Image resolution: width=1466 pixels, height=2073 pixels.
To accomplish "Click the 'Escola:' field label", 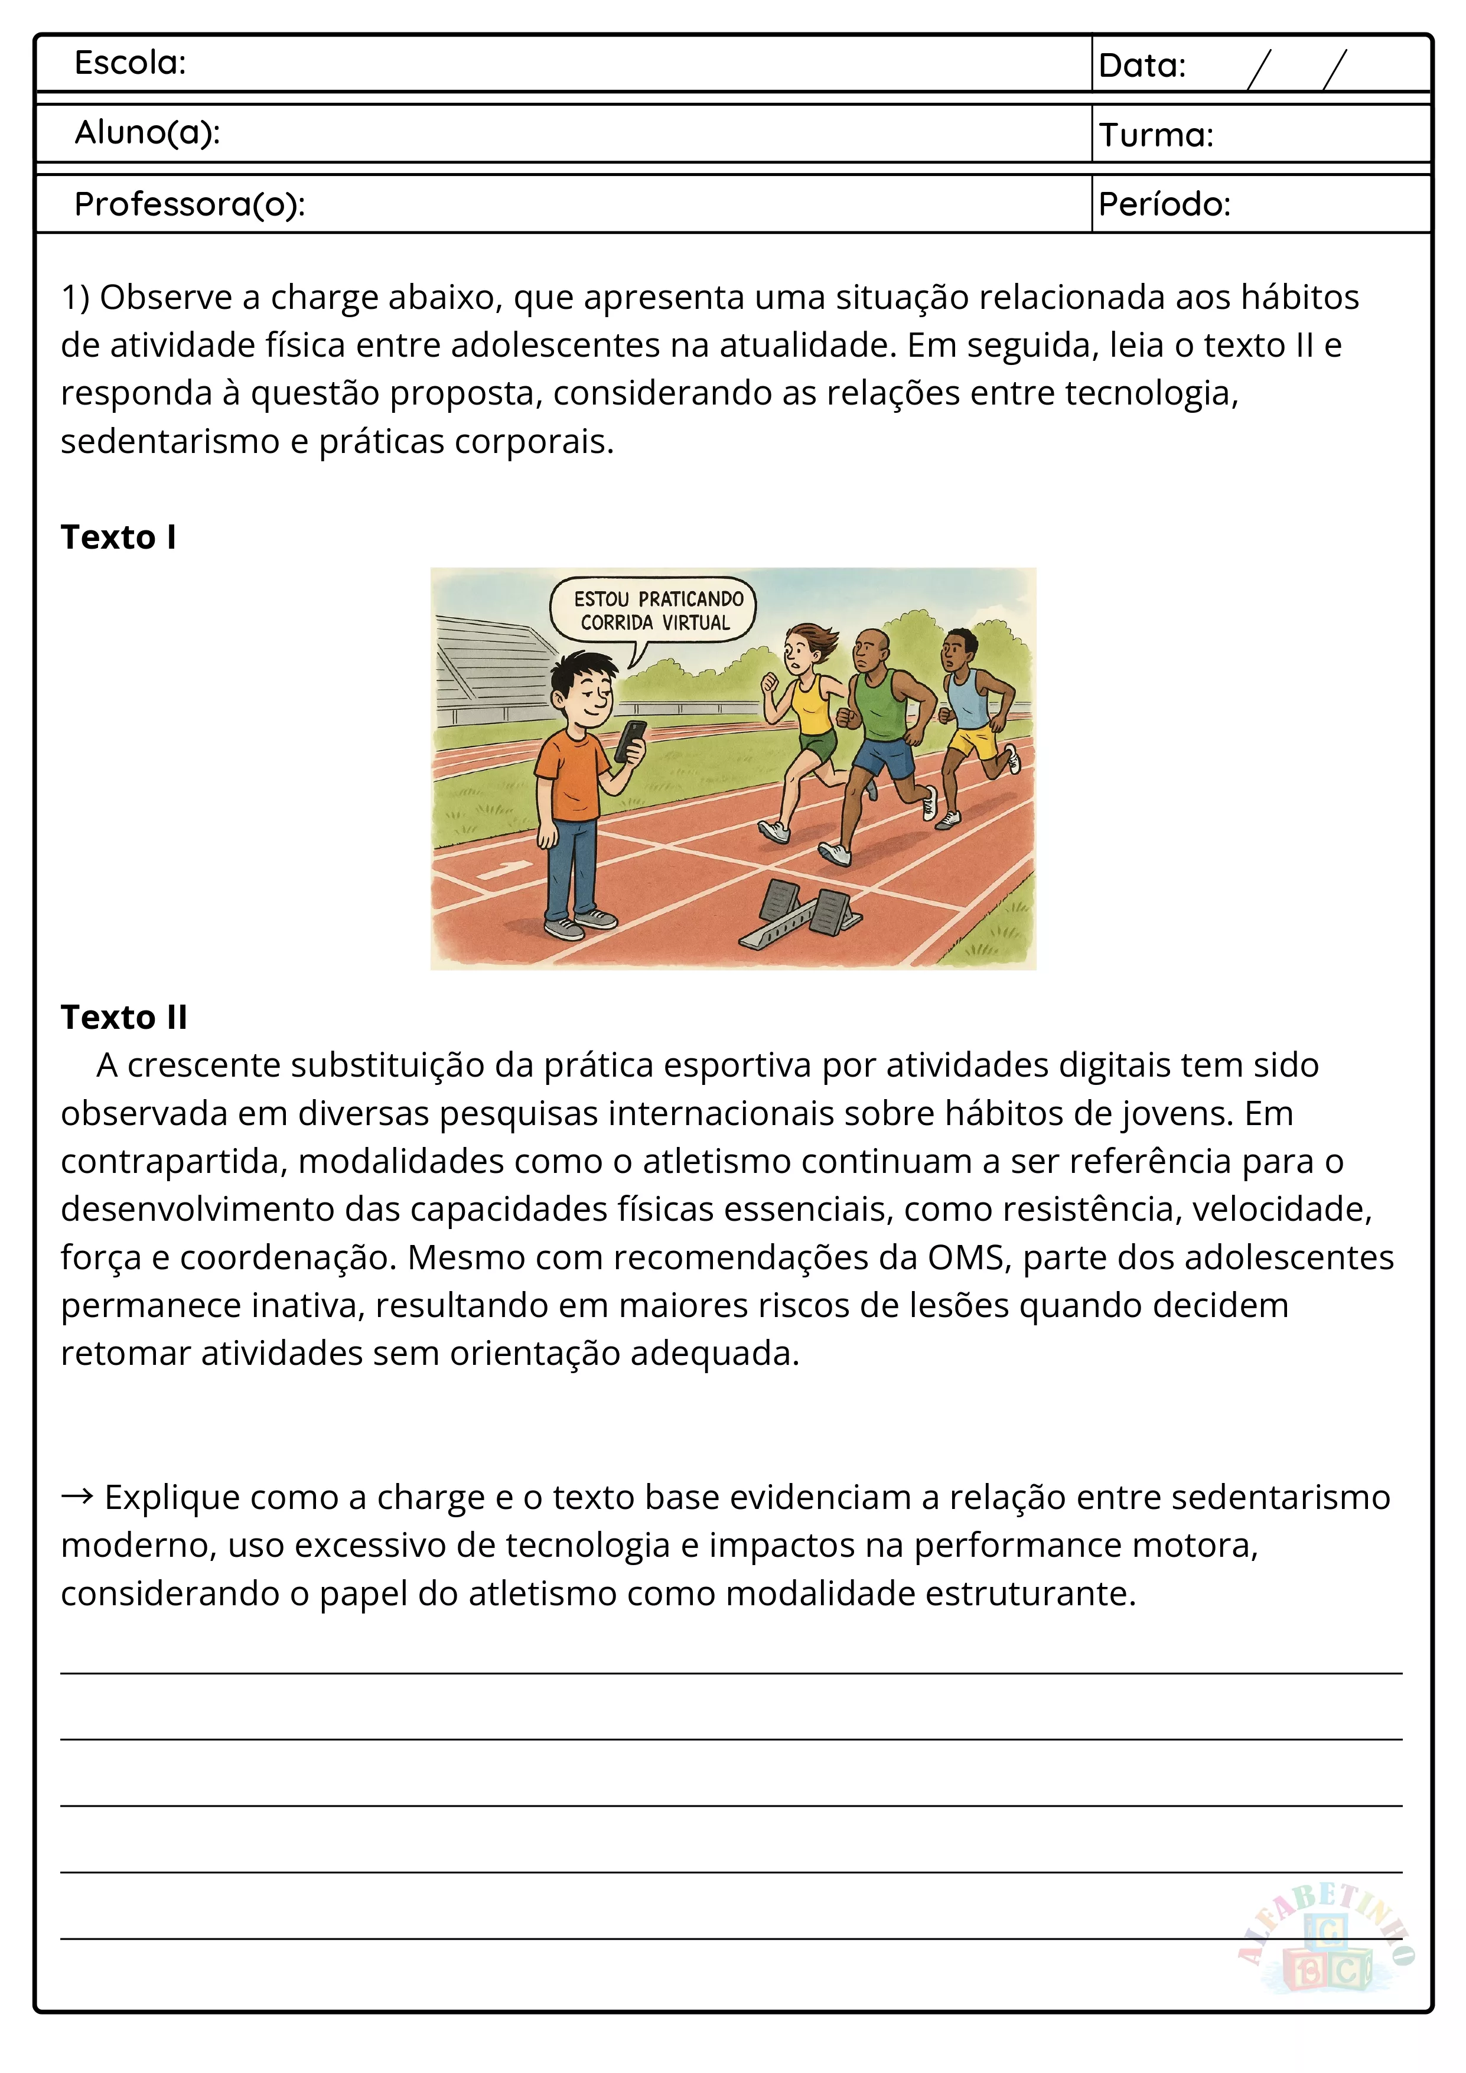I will pyautogui.click(x=130, y=63).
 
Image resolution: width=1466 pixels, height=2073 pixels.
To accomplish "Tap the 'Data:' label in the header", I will pyautogui.click(x=1142, y=66).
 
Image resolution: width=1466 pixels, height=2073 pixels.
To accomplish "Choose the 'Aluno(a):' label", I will pyautogui.click(x=147, y=133).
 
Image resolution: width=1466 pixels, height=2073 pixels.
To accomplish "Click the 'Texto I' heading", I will pyautogui.click(x=118, y=537).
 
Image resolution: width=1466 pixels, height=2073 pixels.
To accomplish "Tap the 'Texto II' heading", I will pyautogui.click(x=123, y=1018).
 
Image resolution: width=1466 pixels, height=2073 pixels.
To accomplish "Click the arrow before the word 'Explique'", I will pyautogui.click(x=77, y=1497).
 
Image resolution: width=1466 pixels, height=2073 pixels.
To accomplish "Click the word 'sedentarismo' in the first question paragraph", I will pyautogui.click(x=170, y=442).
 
